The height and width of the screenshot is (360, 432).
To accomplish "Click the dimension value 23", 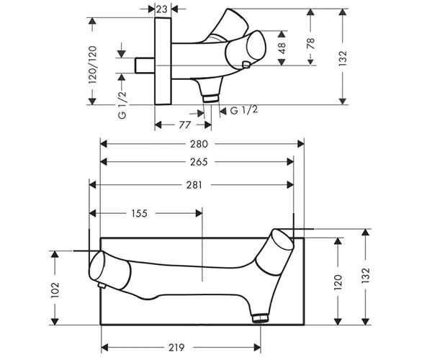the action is (162, 9).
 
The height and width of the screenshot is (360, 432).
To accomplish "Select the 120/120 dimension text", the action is (93, 65).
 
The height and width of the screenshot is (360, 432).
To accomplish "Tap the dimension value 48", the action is (282, 48).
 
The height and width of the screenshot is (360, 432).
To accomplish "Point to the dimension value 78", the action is (310, 43).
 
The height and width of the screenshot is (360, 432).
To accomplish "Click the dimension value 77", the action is (184, 125).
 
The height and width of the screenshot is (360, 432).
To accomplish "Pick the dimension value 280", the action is (199, 144).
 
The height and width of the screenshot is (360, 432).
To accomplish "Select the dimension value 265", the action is (199, 162).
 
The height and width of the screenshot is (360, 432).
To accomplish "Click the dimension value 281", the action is (194, 185).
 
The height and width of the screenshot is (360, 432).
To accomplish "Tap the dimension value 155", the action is (140, 213).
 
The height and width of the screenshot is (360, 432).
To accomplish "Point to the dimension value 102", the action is (55, 290).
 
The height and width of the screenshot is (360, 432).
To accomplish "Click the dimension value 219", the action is (176, 348).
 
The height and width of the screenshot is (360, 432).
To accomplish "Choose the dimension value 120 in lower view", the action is (338, 282).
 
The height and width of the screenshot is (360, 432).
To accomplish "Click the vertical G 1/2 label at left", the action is (122, 104).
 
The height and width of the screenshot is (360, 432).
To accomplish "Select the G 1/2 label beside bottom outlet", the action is (244, 110).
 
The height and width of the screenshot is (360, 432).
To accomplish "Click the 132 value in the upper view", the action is (343, 58).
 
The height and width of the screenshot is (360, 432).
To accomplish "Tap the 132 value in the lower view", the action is (365, 276).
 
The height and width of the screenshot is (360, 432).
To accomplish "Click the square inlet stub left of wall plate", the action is (145, 66).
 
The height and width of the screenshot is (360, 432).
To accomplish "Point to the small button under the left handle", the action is (102, 286).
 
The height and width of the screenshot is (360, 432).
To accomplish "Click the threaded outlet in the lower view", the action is (261, 318).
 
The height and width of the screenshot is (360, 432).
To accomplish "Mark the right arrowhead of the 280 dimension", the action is (301, 144).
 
